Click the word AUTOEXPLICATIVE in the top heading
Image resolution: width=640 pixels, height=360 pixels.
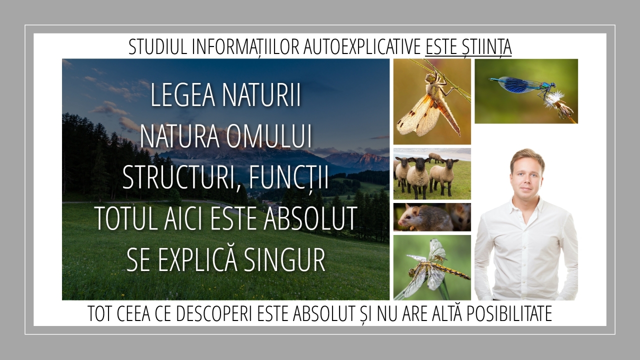(x=362, y=46)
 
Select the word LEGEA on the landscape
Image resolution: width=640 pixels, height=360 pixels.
(x=182, y=95)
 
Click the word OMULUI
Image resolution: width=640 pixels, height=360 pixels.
(x=268, y=136)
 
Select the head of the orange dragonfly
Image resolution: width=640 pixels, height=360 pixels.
(x=429, y=77)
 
